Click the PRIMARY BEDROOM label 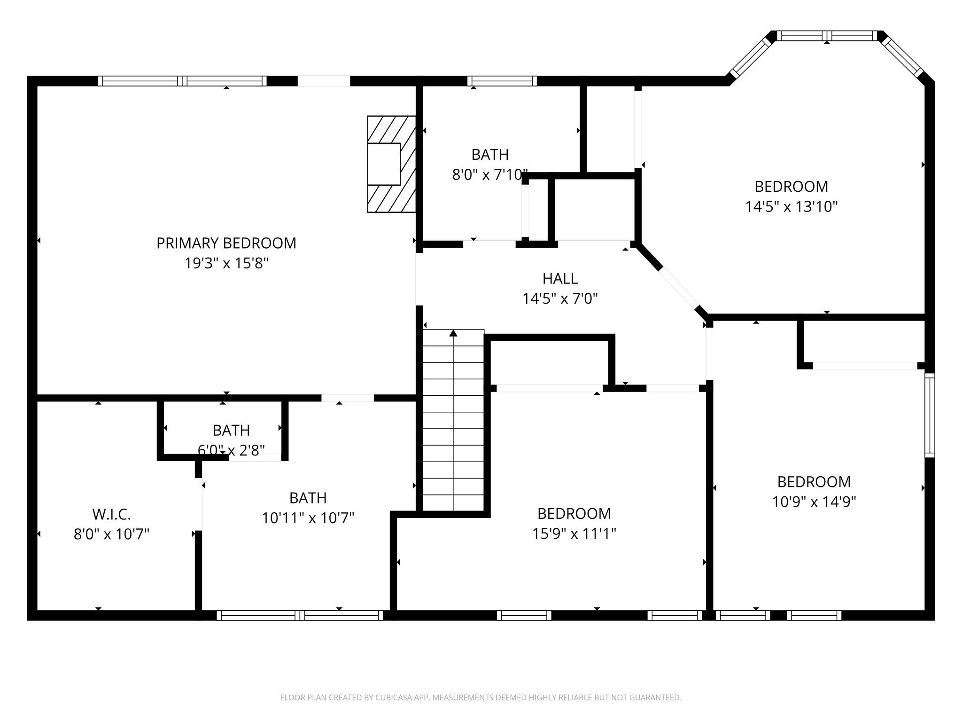(x=226, y=243)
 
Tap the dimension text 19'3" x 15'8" (x=226, y=263)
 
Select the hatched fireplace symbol (x=391, y=164)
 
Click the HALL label (x=560, y=279)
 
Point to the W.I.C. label (x=111, y=514)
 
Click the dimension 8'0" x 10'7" (x=111, y=534)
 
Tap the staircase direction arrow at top (x=453, y=334)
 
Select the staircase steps (x=453, y=423)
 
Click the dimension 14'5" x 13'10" (x=791, y=207)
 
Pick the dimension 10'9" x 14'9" (x=814, y=502)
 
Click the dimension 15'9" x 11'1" (x=574, y=534)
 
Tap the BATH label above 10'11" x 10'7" (x=308, y=498)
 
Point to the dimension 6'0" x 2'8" (x=231, y=450)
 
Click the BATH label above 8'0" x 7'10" (x=490, y=155)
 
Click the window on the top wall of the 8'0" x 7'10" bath (x=502, y=81)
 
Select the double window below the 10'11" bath (x=300, y=615)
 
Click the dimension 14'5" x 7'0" (x=560, y=298)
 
